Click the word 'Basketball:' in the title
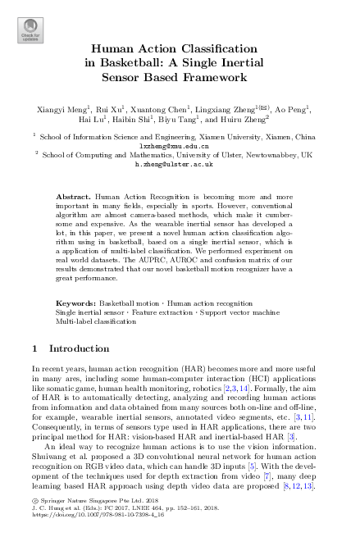[133, 63]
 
